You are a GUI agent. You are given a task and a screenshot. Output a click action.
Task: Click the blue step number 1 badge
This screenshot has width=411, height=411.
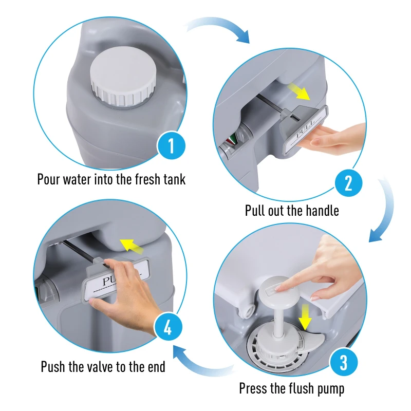coord(172,147)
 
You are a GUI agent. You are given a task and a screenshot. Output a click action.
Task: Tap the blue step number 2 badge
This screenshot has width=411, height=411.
coord(348,183)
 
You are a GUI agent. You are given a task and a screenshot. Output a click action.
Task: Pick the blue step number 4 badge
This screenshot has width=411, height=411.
coord(167,328)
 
